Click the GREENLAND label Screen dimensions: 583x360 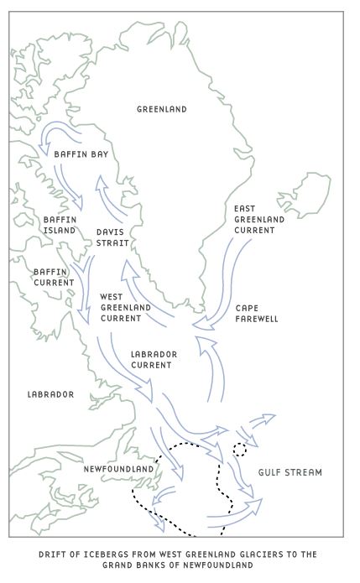pyautogui.click(x=162, y=109)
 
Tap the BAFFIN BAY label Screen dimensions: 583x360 pyautogui.click(x=81, y=154)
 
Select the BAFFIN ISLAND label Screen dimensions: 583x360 pyautogui.click(x=60, y=224)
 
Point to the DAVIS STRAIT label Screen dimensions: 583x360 pyautogui.click(x=112, y=237)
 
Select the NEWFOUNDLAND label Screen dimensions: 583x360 pyautogui.click(x=118, y=468)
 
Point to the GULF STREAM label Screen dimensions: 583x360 pyautogui.click(x=290, y=472)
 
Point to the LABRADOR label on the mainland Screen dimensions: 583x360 pyautogui.click(x=50, y=394)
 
